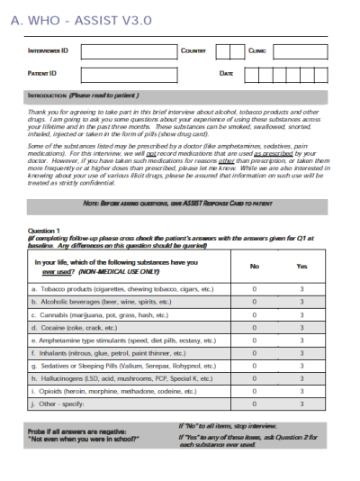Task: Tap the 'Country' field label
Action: (x=193, y=51)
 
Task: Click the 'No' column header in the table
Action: (x=254, y=266)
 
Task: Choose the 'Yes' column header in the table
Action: (x=301, y=266)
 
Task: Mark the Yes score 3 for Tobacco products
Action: (x=301, y=289)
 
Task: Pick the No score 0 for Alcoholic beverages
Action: (x=254, y=303)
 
